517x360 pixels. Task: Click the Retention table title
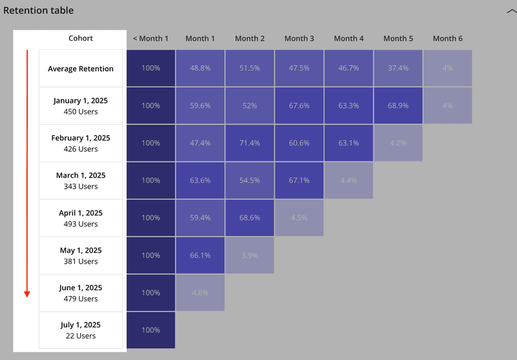39,10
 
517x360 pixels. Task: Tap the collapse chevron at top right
511,11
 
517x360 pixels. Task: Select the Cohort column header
81,38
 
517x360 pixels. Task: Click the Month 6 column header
447,38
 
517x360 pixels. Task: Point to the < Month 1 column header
151,38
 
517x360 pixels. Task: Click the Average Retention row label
81,69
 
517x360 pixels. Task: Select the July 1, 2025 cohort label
81,330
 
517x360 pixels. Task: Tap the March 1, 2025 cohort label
81,180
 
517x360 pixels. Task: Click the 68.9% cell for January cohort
398,105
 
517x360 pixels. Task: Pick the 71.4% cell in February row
250,143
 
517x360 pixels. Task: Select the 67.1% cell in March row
299,180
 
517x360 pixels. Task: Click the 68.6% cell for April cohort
250,218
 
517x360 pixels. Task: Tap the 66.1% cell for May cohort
200,255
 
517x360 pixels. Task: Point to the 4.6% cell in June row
200,293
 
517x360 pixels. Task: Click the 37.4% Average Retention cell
398,68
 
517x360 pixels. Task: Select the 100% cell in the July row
151,330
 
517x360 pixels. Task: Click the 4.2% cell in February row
398,143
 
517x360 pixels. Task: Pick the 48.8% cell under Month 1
200,68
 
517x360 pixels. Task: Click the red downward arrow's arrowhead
27,294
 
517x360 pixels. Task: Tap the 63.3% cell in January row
349,105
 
